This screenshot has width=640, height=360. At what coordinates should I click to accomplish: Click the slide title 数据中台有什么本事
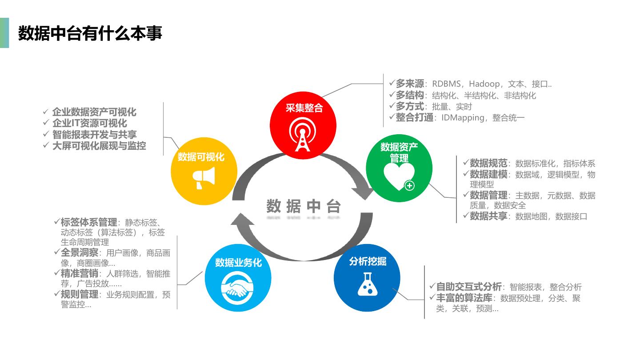(90, 33)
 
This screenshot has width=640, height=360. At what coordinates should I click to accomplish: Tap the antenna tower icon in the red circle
(304, 134)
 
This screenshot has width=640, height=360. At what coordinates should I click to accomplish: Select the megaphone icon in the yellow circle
(204, 178)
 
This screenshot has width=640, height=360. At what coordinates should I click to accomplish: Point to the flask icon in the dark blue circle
(368, 285)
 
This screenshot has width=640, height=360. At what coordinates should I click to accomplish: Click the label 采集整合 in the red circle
(304, 108)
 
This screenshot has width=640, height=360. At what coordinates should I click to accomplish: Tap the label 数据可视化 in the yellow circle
(201, 157)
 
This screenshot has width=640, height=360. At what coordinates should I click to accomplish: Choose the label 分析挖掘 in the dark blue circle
(368, 261)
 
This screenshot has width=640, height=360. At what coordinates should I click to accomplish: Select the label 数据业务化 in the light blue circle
(238, 263)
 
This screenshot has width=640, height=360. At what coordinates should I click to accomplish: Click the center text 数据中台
(304, 207)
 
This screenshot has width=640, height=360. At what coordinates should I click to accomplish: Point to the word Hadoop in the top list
(484, 84)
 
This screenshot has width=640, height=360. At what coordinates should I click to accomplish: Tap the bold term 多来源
(409, 84)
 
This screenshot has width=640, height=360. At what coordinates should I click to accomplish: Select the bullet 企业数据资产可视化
(94, 112)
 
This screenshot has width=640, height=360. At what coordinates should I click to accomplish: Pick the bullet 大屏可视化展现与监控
(99, 145)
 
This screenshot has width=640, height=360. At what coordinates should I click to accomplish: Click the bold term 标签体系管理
(89, 222)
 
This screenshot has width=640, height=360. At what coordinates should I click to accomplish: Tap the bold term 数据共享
(488, 216)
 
